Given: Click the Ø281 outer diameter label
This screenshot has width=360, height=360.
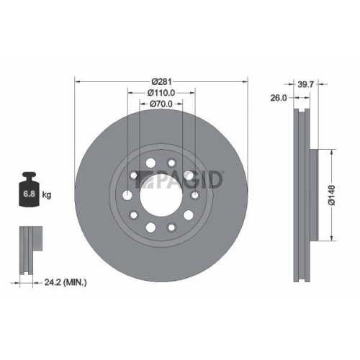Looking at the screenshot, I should click(x=161, y=80).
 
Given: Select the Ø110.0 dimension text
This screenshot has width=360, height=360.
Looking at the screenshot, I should click(x=161, y=92).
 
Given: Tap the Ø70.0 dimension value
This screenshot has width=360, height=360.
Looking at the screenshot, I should click(x=161, y=105).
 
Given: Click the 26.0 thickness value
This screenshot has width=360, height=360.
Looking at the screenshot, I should click(x=278, y=98).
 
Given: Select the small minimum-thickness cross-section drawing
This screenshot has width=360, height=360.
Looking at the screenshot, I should click(x=29, y=248).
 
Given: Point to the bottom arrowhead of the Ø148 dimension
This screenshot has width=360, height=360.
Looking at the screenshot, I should click(x=330, y=238).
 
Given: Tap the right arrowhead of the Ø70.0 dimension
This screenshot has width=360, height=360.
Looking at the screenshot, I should click(x=180, y=105).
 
